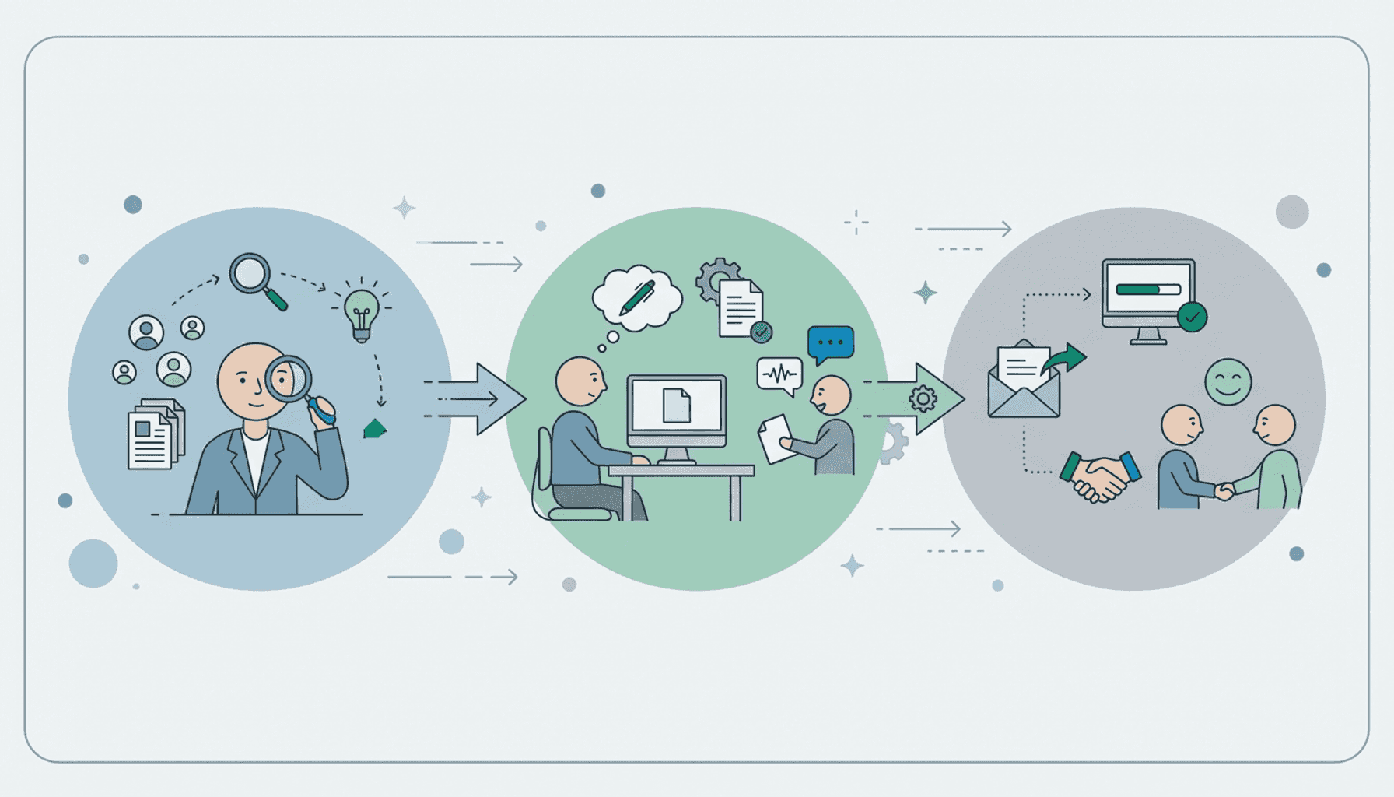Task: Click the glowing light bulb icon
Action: pyautogui.click(x=361, y=312)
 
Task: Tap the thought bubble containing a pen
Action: pyautogui.click(x=637, y=297)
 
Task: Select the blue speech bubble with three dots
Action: pyautogui.click(x=830, y=342)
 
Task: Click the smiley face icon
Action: pyautogui.click(x=1228, y=381)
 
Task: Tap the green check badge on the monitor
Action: pyautogui.click(x=1192, y=317)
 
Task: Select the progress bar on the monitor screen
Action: pyautogui.click(x=1147, y=290)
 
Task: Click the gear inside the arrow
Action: pyautogui.click(x=923, y=399)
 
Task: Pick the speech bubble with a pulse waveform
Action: pyautogui.click(x=779, y=374)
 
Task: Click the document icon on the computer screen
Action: pyautogui.click(x=676, y=405)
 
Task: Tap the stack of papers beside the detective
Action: pyautogui.click(x=156, y=434)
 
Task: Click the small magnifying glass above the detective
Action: pyautogui.click(x=250, y=273)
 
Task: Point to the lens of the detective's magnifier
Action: pyautogui.click(x=289, y=379)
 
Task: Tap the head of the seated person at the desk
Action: pyautogui.click(x=580, y=381)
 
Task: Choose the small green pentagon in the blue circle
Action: pyautogui.click(x=375, y=429)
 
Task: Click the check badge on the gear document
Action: pyautogui.click(x=761, y=332)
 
